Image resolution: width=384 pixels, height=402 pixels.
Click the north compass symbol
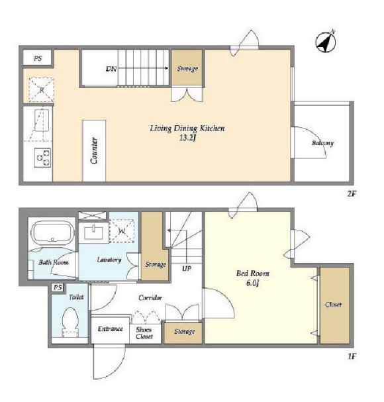click(x=326, y=42)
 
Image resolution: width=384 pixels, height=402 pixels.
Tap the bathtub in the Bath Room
click(x=52, y=232)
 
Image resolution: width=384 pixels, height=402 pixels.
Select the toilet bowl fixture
click(x=70, y=322)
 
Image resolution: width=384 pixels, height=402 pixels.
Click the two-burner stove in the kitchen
click(x=42, y=158)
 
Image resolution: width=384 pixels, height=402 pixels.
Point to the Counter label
click(x=94, y=150)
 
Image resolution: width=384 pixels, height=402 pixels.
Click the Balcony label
click(x=322, y=143)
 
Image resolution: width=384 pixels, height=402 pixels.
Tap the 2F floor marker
click(x=352, y=193)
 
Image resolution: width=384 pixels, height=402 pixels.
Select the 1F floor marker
click(x=352, y=356)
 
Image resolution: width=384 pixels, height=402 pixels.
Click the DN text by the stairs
click(x=111, y=69)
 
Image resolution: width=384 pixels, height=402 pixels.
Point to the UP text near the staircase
click(x=186, y=268)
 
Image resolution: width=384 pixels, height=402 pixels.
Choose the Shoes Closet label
click(x=144, y=332)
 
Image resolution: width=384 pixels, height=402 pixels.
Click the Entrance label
click(x=110, y=328)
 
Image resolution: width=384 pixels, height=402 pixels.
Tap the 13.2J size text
click(x=187, y=138)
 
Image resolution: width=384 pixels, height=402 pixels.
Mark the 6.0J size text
click(x=252, y=283)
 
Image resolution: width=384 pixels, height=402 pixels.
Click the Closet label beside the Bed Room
click(x=333, y=305)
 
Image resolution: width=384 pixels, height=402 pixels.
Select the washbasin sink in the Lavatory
click(x=93, y=232)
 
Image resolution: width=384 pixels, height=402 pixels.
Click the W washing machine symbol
click(x=122, y=230)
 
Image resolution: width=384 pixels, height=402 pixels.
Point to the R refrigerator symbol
click(x=41, y=89)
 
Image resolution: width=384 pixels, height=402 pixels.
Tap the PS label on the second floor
click(x=38, y=58)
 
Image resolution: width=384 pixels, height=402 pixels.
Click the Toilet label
click(x=76, y=297)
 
